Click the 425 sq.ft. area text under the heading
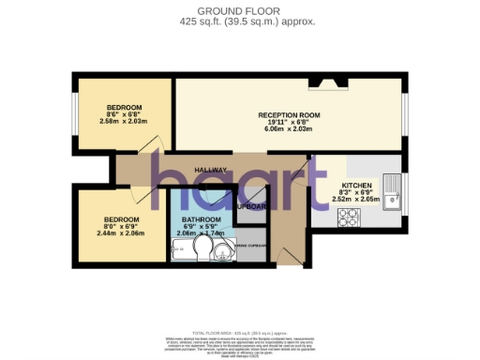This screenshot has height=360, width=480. point(240,20)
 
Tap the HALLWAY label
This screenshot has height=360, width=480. point(211,170)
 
